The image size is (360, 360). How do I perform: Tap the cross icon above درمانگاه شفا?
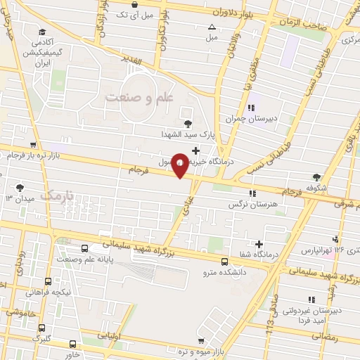pyautogui.click(x=259, y=243)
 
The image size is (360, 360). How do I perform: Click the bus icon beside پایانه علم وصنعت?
pyautogui.click(x=85, y=248)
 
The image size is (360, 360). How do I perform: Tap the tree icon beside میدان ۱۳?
pyautogui.click(x=20, y=188)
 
